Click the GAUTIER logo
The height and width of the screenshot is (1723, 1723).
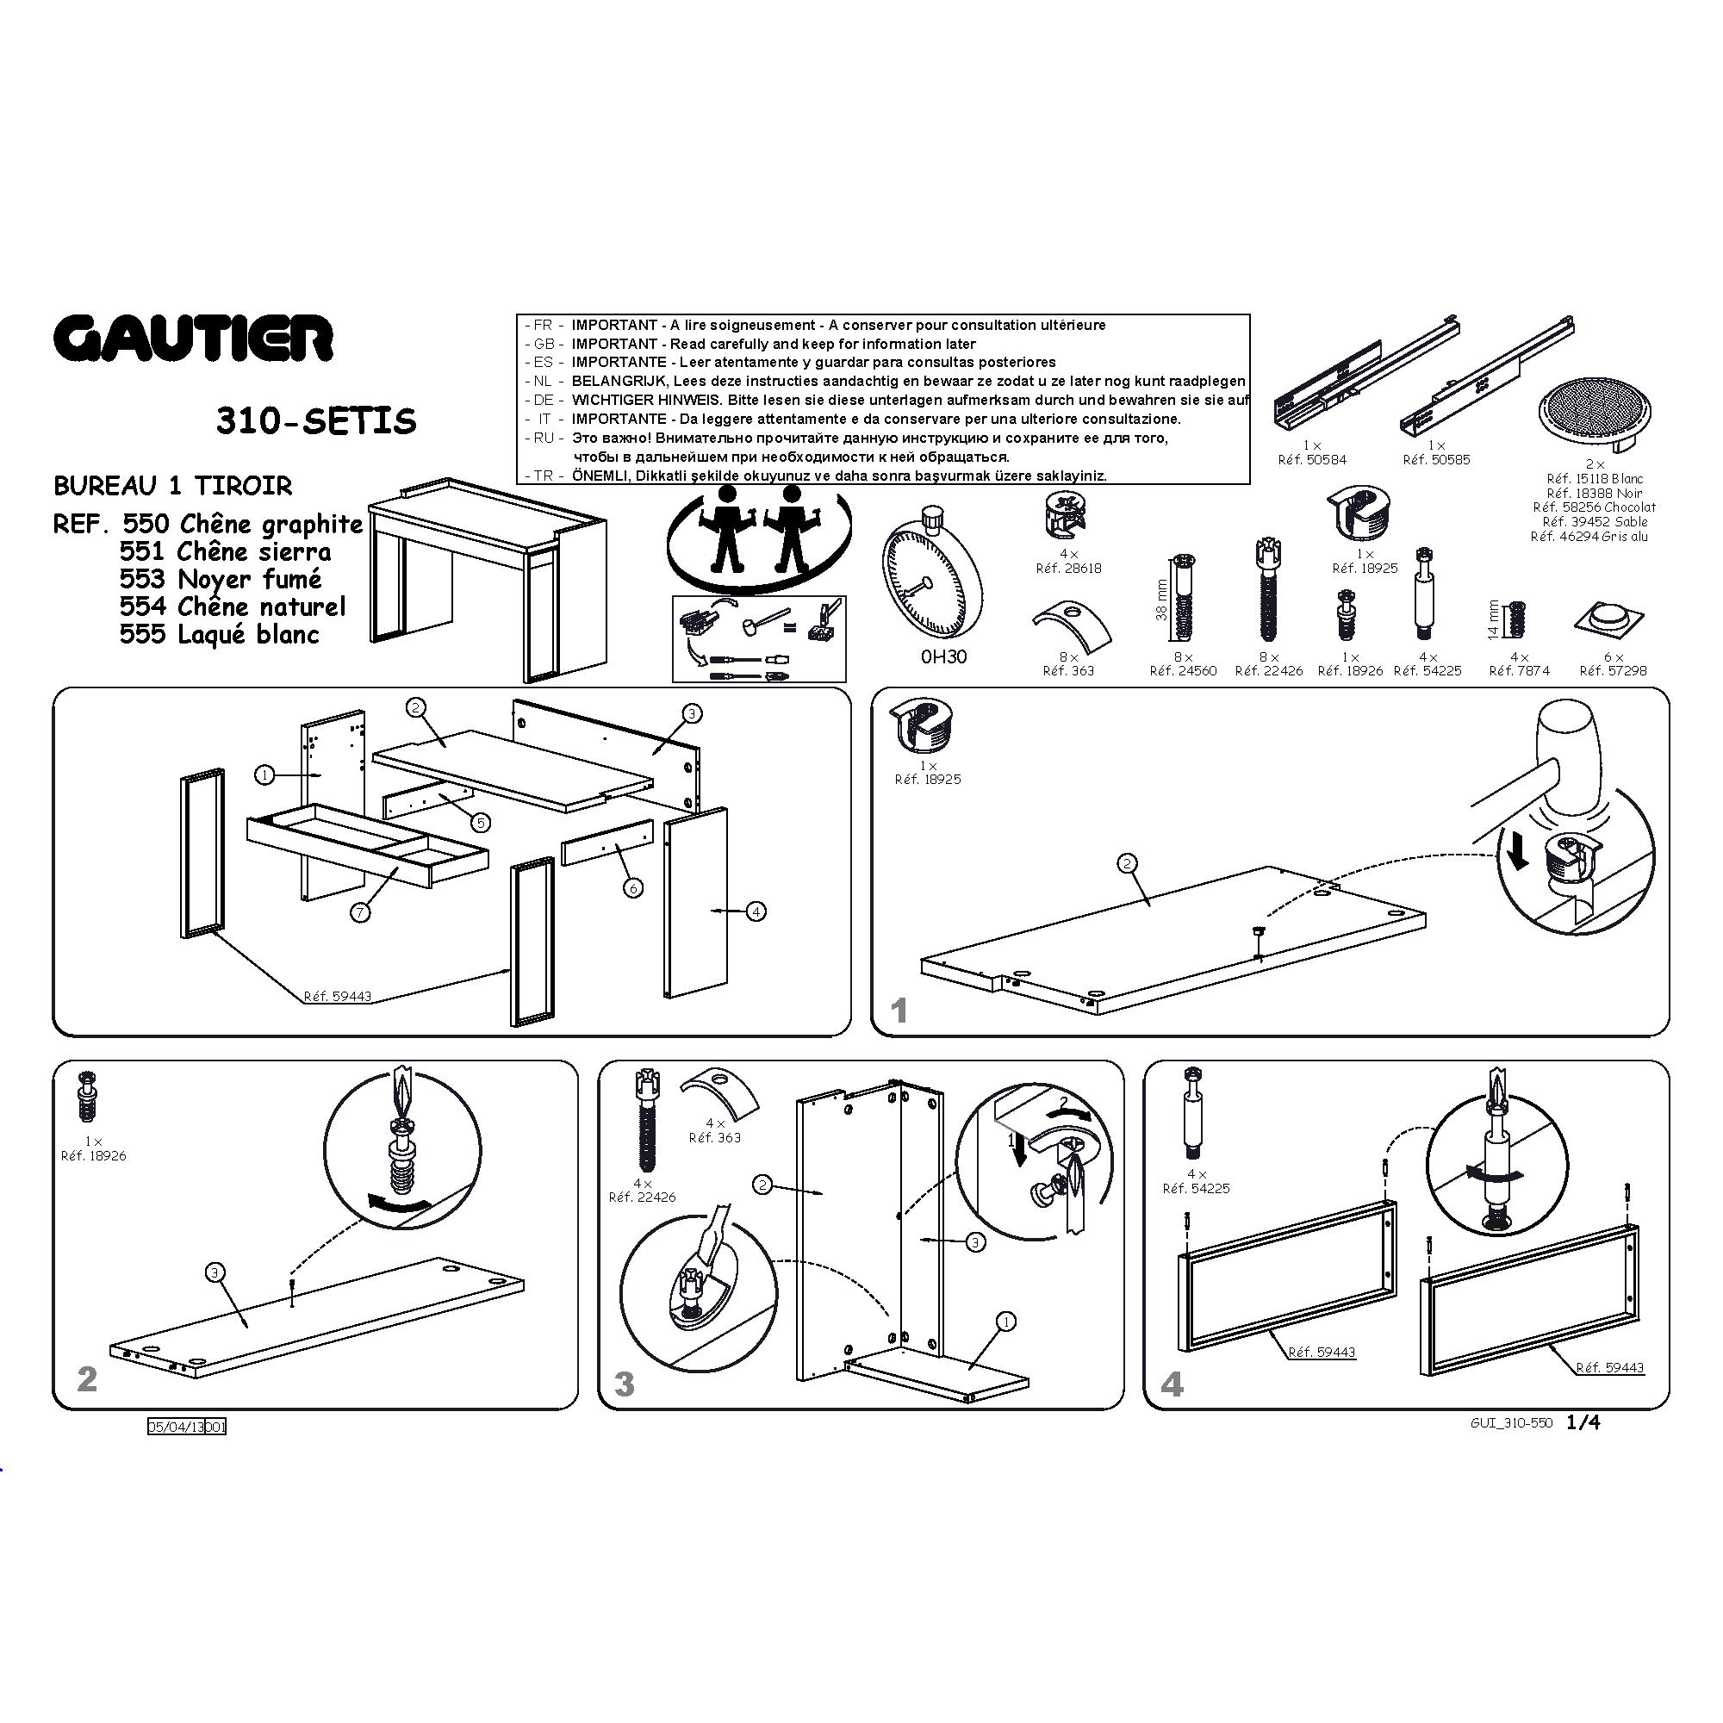(x=194, y=339)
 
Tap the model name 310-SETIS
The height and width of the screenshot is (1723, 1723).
(x=315, y=421)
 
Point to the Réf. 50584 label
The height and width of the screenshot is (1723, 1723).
(x=1312, y=460)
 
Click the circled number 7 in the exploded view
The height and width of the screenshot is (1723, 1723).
(x=360, y=911)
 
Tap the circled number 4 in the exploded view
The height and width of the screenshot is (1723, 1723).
(x=756, y=911)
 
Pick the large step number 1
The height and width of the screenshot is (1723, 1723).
(x=899, y=1011)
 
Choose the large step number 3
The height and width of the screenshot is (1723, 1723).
(x=625, y=1384)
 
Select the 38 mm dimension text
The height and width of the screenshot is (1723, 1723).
(x=1161, y=600)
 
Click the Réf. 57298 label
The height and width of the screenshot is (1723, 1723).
(x=1614, y=670)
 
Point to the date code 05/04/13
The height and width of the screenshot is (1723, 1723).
(x=177, y=1427)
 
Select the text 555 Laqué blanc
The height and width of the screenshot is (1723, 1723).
(x=220, y=635)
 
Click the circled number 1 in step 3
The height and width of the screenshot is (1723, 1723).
(x=1005, y=1322)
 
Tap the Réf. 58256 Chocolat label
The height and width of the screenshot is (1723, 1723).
(x=1594, y=507)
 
